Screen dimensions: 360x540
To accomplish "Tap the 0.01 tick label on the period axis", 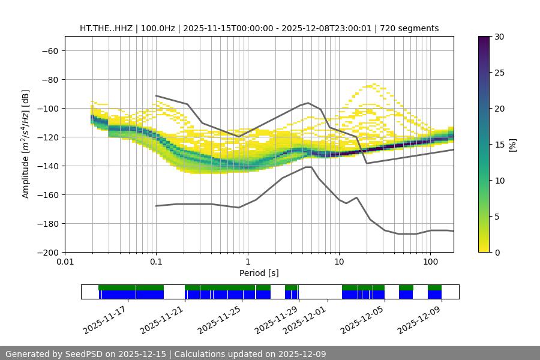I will pos(65,262).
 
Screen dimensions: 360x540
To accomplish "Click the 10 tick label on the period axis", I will pos(339,262).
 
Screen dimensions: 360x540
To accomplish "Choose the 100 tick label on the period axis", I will pos(430,262).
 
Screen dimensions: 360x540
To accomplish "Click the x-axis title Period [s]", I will pos(259,273).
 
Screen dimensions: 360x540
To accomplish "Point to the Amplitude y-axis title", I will pos(26,144).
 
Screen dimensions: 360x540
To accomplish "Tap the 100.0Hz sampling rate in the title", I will pos(158,28).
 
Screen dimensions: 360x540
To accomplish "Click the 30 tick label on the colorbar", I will pos(499,37).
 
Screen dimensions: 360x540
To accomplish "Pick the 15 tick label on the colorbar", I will pos(499,145).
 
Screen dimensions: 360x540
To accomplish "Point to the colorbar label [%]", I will pos(512,145).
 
